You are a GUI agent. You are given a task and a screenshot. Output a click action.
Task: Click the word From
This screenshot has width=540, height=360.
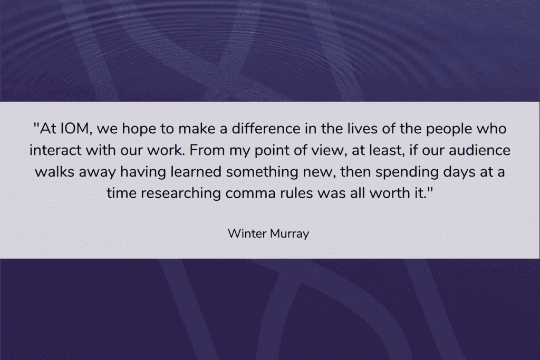207,150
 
